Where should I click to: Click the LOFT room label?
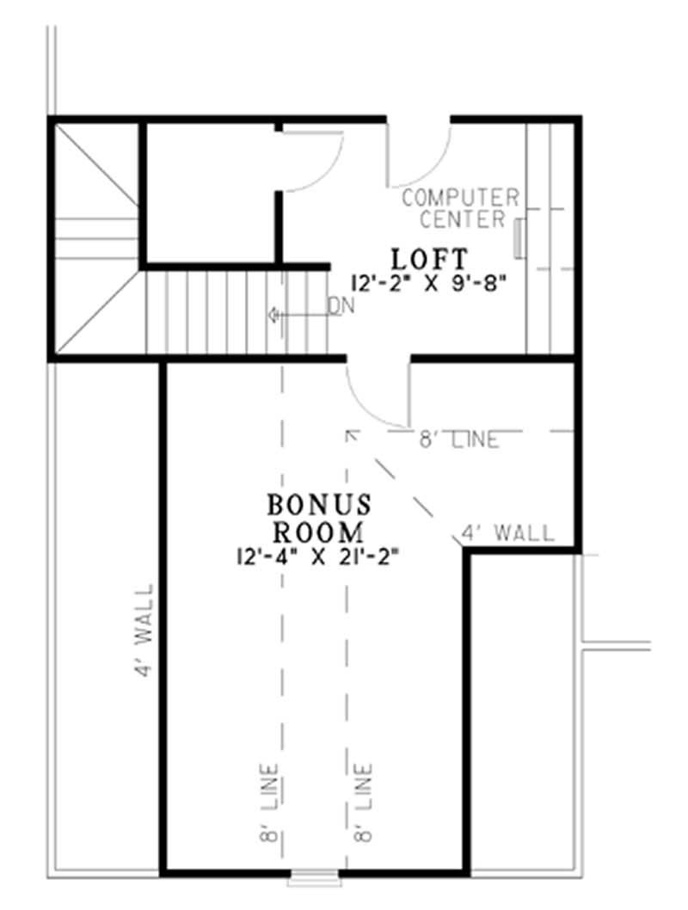pos(429,258)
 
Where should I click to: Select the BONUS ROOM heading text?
pos(319,515)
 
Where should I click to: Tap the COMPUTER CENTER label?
pos(461,208)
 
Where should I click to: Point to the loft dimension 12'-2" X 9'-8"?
pos(427,281)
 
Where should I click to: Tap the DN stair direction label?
pos(341,307)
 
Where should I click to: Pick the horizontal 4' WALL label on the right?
pos(508,534)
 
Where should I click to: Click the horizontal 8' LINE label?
pos(458,440)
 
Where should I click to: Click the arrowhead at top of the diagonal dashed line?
pos(348,433)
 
